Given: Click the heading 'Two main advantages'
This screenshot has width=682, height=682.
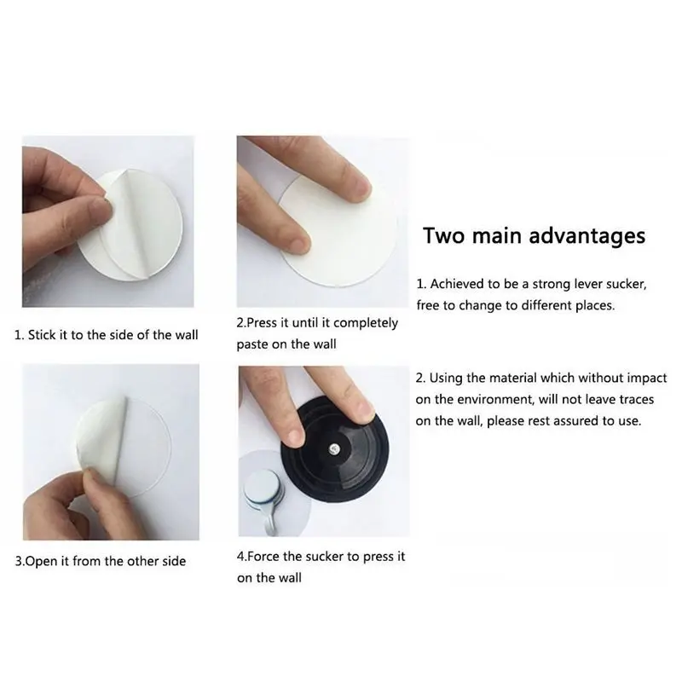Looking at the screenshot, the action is tap(535, 236).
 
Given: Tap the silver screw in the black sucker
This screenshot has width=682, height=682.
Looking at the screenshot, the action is tap(334, 448).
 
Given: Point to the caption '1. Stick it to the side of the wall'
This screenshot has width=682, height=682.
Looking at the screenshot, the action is tap(106, 335).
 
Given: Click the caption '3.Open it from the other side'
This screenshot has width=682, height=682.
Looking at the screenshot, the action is tap(101, 561).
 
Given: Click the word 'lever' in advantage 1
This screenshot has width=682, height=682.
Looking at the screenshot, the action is tap(590, 284).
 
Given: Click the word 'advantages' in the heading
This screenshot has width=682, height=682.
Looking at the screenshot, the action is tap(587, 236).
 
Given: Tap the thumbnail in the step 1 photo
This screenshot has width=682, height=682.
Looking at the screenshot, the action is tap(100, 208).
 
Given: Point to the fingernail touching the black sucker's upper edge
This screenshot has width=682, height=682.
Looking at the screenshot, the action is tap(364, 409).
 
